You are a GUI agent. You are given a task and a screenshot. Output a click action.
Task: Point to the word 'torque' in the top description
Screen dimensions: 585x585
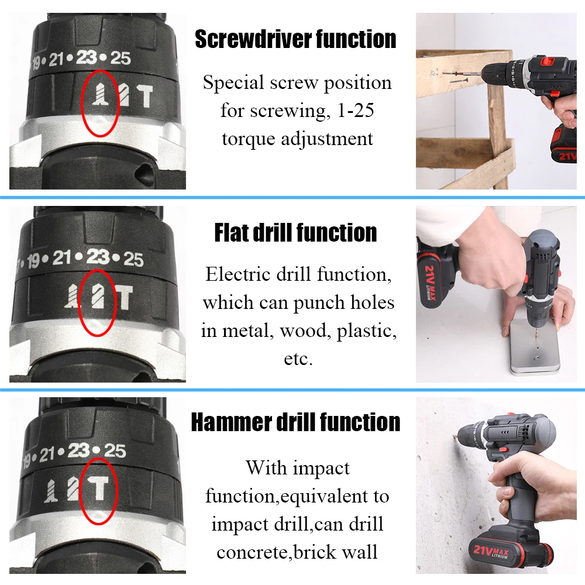click(249, 139)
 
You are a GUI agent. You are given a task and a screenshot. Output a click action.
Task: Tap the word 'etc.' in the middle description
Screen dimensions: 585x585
click(298, 359)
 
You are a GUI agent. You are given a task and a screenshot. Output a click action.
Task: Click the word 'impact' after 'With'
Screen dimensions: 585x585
click(322, 467)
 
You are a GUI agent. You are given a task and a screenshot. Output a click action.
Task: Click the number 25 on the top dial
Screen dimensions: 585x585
click(121, 58)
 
